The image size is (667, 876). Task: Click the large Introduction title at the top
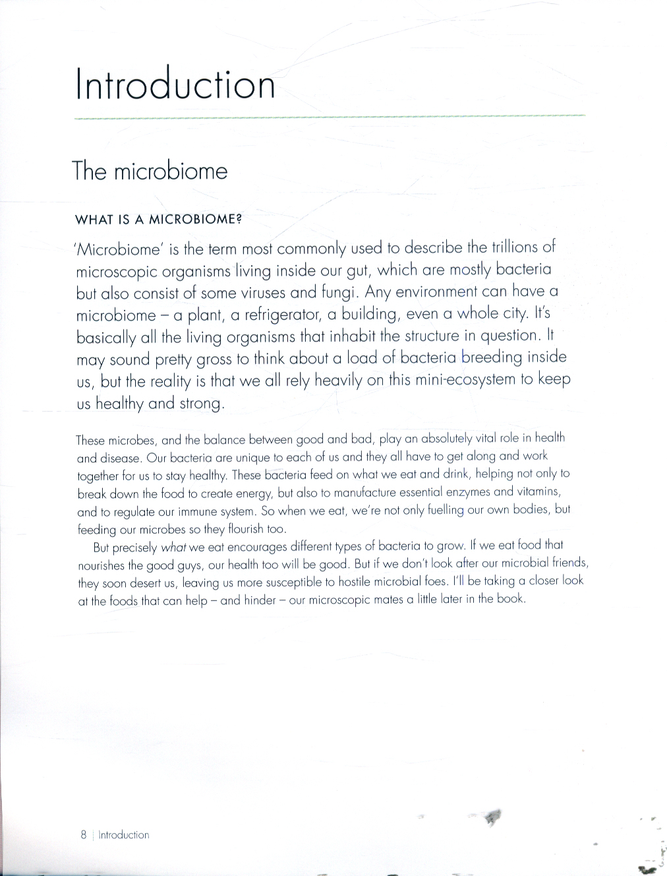[175, 84]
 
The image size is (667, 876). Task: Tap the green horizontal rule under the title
[330, 117]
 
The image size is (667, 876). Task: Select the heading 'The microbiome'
[150, 171]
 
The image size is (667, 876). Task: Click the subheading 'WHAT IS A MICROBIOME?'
[158, 220]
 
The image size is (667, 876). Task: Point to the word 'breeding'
[491, 358]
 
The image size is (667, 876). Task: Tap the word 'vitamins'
[536, 491]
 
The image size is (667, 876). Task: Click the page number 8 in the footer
[84, 834]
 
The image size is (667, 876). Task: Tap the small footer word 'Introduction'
[124, 834]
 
